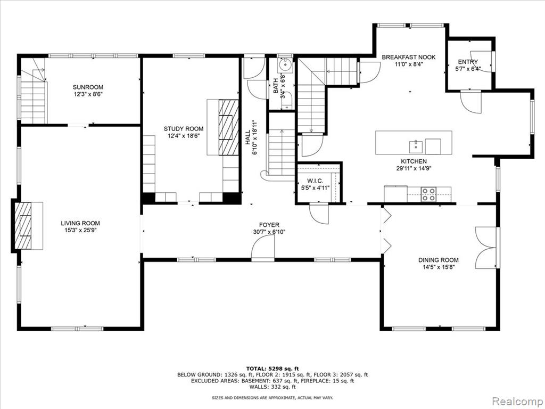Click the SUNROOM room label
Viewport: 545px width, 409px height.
(88, 87)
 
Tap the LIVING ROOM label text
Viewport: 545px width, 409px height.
(80, 223)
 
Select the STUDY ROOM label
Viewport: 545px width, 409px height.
(184, 129)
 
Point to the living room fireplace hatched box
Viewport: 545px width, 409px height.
(22, 226)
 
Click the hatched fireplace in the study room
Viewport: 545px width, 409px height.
(229, 127)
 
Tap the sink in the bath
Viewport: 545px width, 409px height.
(286, 64)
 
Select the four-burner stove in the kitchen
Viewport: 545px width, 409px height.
(428, 194)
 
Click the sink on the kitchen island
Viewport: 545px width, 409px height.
(416, 147)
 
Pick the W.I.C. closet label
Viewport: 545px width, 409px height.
(315, 181)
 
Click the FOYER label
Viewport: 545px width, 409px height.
(269, 225)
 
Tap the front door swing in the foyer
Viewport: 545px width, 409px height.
(263, 247)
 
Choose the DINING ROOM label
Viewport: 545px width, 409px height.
(439, 260)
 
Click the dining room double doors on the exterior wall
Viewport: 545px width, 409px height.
(485, 248)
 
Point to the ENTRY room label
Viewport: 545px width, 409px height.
(468, 62)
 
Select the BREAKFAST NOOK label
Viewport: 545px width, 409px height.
(409, 57)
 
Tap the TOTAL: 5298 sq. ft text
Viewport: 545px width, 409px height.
(272, 369)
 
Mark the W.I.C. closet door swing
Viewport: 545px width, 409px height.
(319, 214)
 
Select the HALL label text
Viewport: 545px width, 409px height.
(247, 138)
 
